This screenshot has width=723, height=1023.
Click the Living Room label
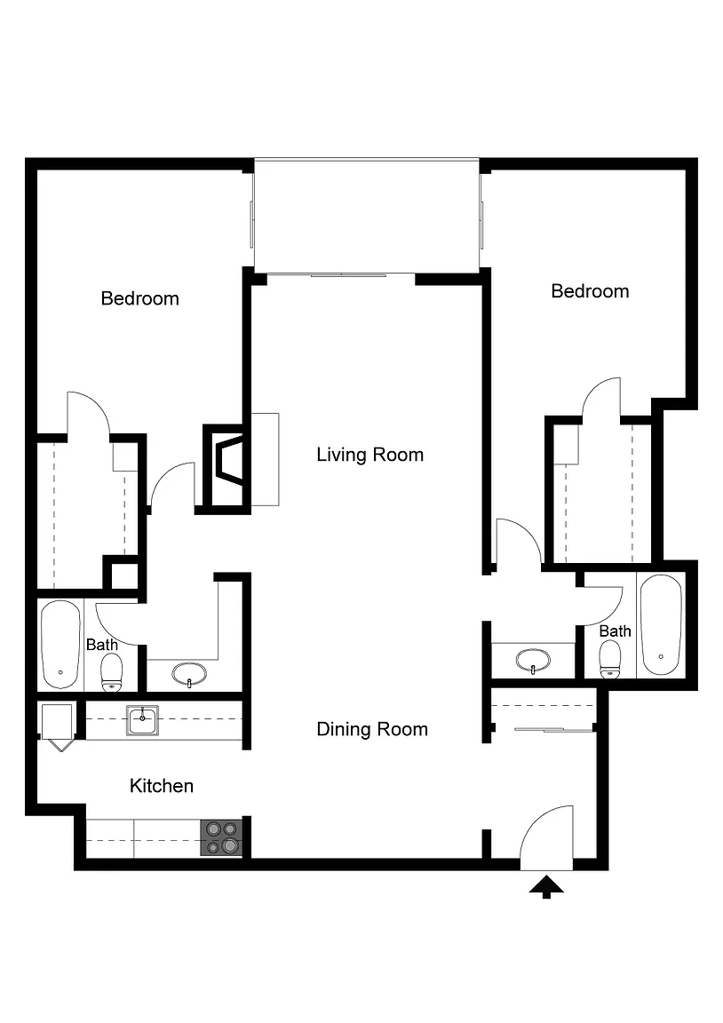point(370,455)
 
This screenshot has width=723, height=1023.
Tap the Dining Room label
point(372,729)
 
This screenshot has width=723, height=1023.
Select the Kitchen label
point(161,786)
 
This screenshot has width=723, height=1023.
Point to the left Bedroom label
point(139,298)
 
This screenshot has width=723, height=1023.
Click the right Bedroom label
point(590,291)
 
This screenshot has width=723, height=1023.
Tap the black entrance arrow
point(546,887)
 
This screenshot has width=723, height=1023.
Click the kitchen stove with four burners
point(221,837)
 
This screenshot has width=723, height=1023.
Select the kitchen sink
point(143,721)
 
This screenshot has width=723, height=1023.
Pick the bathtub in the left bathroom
point(60,645)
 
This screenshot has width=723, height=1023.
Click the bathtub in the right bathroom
point(661,625)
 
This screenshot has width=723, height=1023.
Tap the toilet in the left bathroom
point(112,672)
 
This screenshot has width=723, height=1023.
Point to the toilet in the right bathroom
point(610,660)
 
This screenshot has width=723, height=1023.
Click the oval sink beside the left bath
point(189,674)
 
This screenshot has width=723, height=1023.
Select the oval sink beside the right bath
point(532,661)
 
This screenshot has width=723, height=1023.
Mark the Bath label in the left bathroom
point(102,645)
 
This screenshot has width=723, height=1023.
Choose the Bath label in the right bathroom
point(615,630)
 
